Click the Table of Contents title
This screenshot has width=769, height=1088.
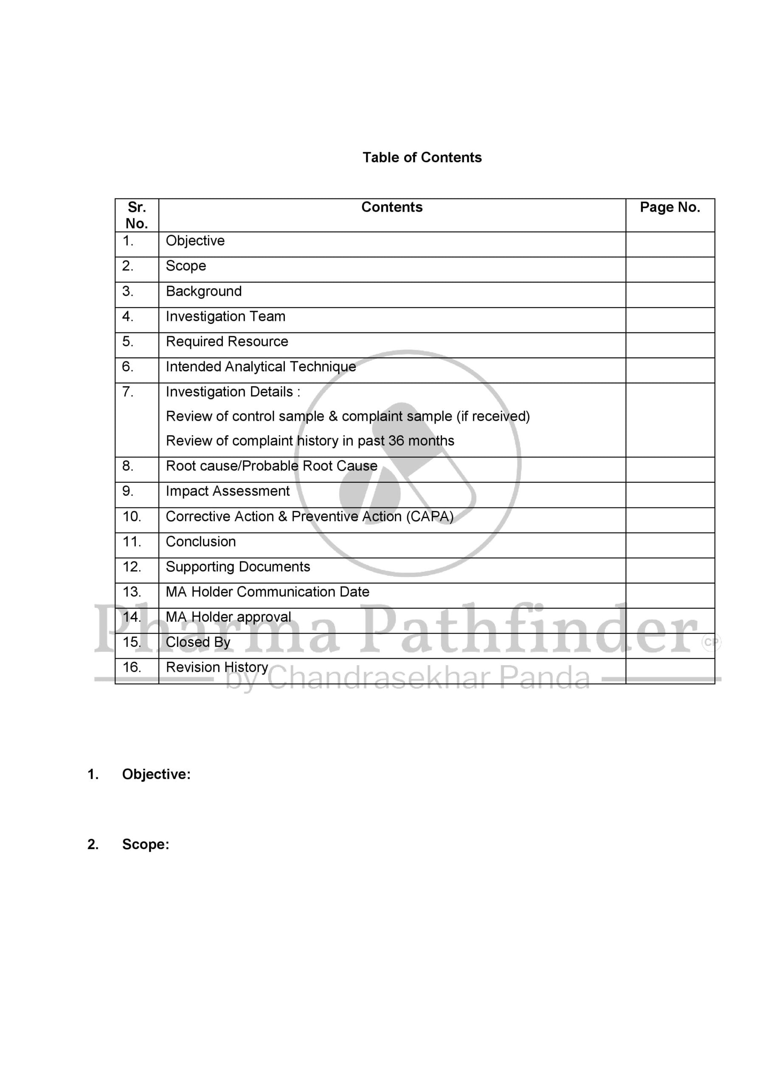[x=422, y=157]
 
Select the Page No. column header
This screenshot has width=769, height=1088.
[x=670, y=207]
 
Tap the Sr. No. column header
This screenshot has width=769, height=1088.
[x=136, y=215]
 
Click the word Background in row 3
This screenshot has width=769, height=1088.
[x=204, y=291]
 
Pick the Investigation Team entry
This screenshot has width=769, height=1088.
[x=225, y=316]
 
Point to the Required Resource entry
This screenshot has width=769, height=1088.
[x=227, y=341]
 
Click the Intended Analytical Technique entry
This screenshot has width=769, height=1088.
[x=260, y=366]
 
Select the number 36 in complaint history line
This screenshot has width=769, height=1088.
[x=396, y=441]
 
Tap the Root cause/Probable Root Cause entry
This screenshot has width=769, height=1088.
[x=271, y=466]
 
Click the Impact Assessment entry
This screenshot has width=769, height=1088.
[x=227, y=491]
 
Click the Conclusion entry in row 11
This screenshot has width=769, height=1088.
[x=201, y=541]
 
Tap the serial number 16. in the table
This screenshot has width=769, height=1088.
[x=132, y=667]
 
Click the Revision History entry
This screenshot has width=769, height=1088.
[x=217, y=667]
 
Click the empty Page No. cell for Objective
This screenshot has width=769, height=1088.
[x=670, y=244]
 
